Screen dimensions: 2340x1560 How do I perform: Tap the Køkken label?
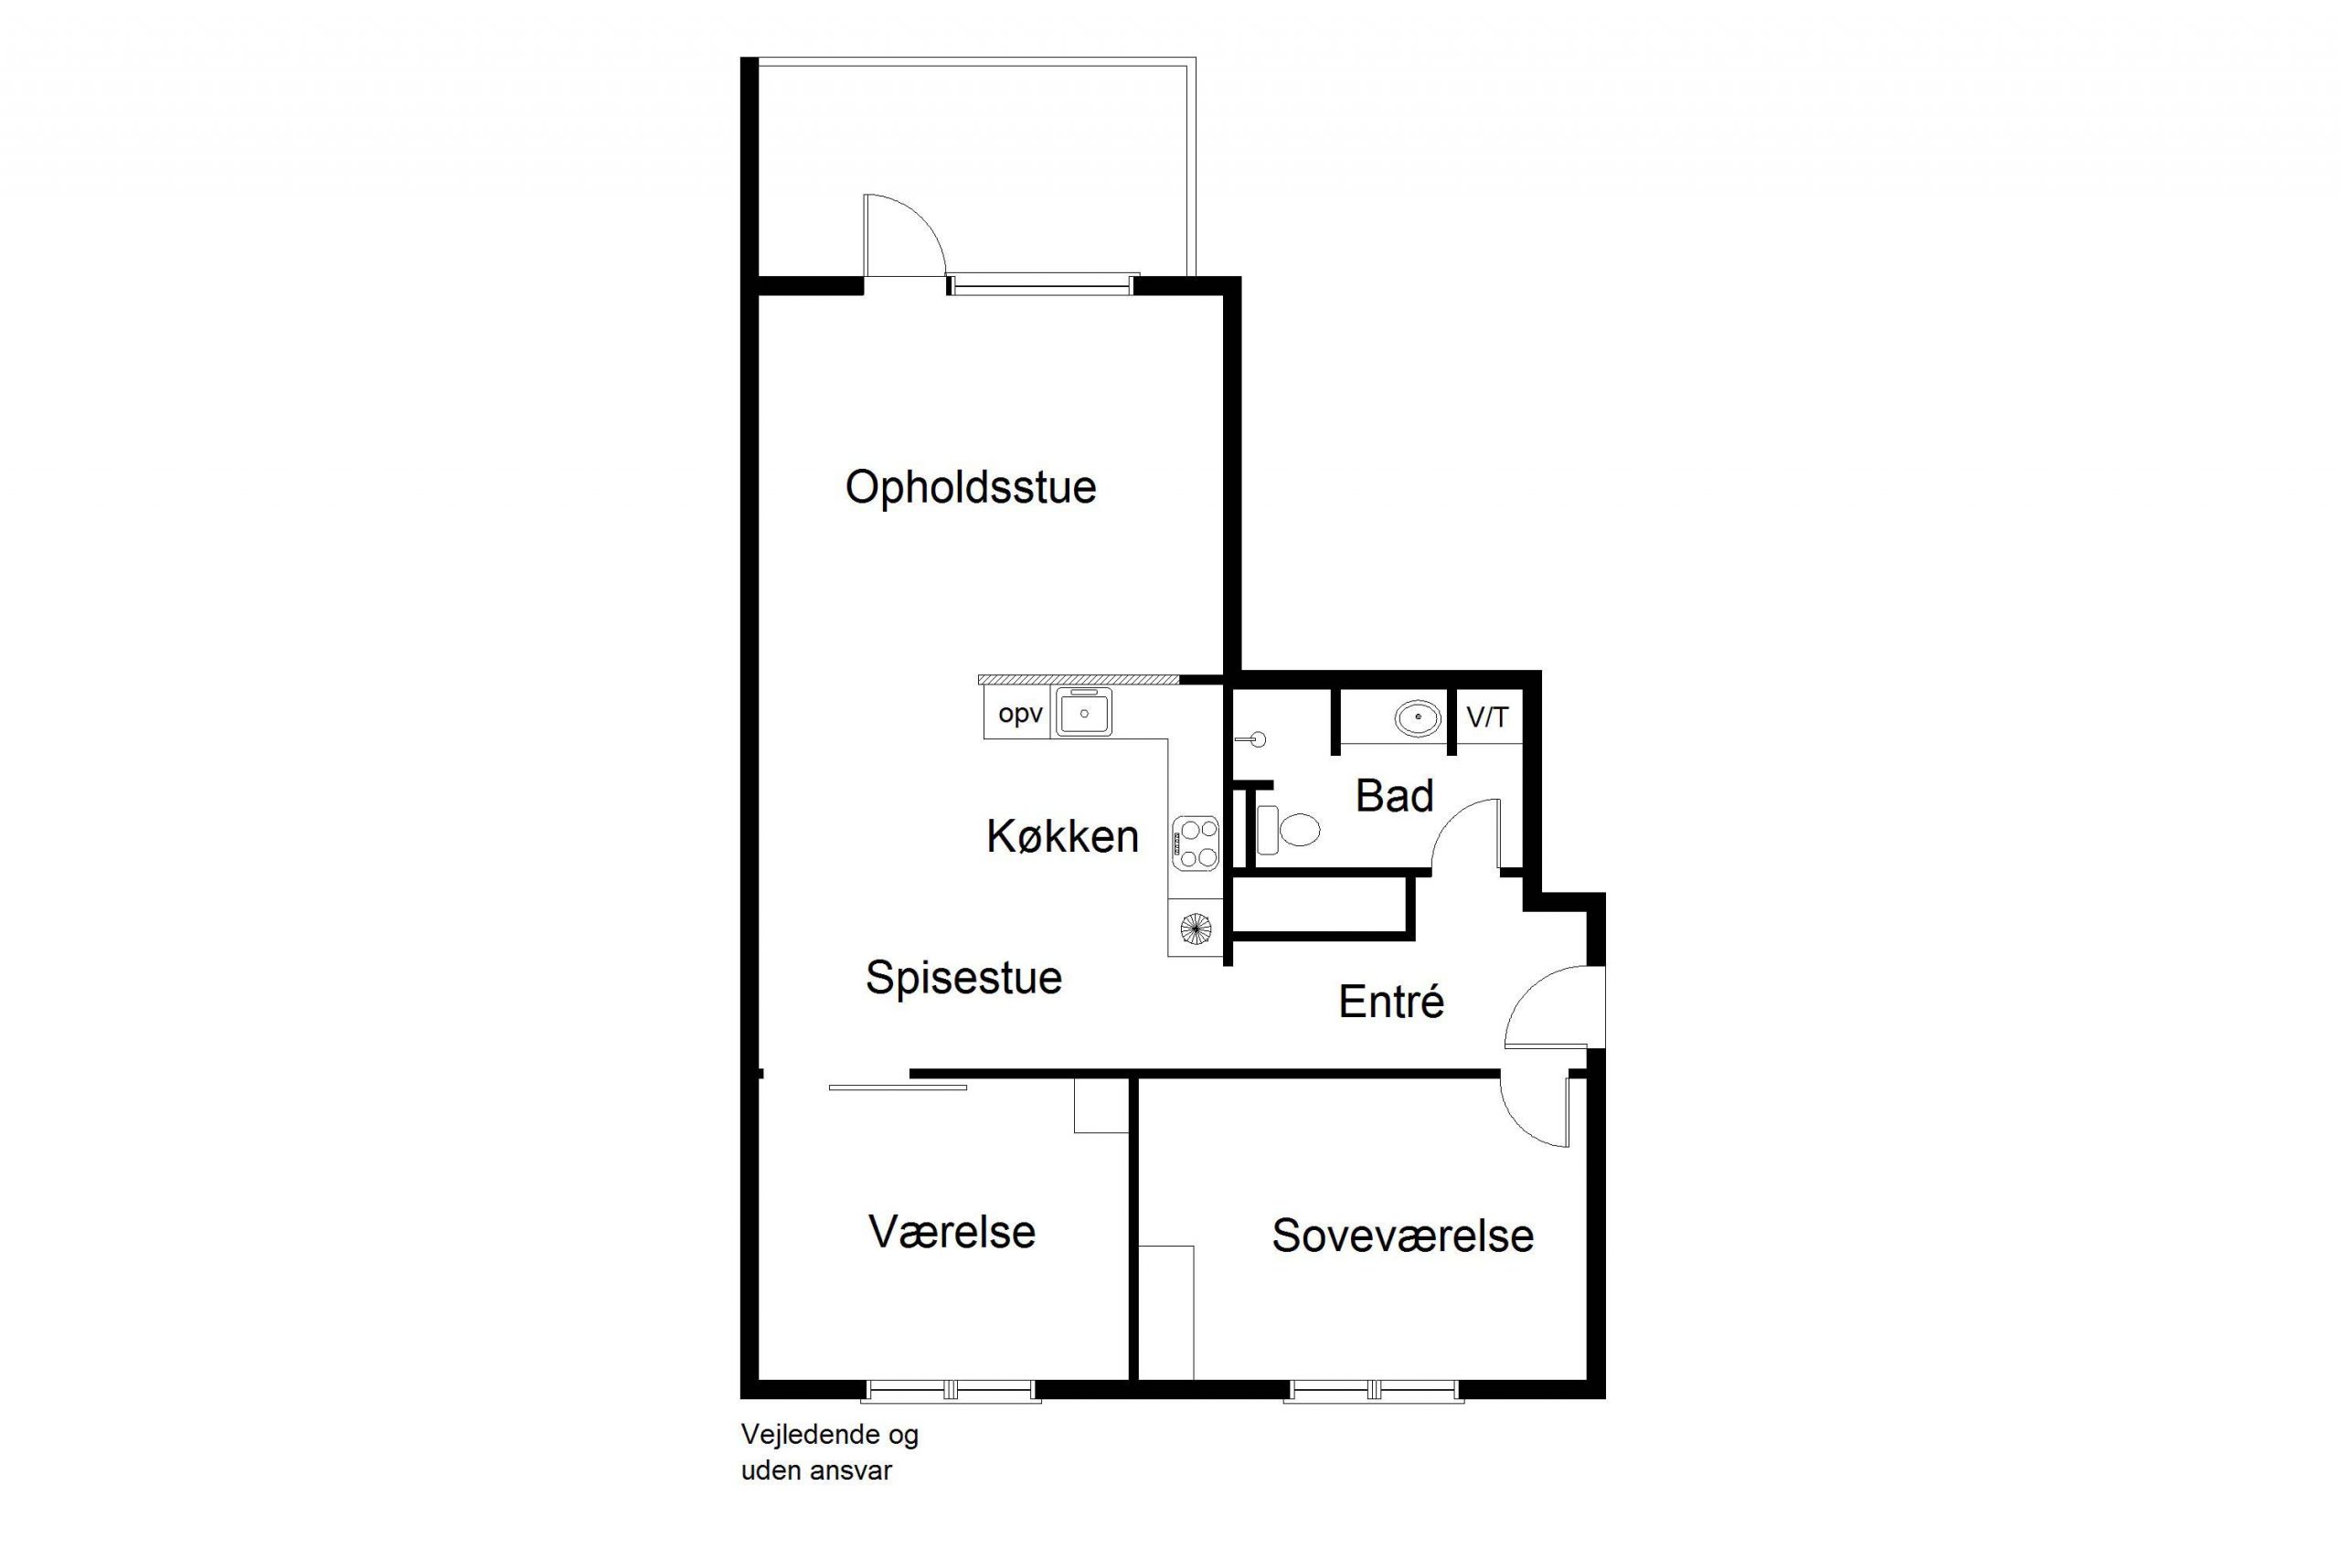pos(1062,837)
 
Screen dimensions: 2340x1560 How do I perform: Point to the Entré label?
pos(1391,1001)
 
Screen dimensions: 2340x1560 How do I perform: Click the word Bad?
pos(1394,796)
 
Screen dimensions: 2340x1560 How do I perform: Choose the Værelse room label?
pos(952,1232)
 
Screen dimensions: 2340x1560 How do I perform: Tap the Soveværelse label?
pos(1403,1236)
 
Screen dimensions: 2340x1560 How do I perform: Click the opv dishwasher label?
pos(1020,715)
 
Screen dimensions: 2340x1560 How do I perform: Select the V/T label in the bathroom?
pos(1487,716)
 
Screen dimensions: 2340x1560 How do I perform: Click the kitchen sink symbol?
pos(1083,712)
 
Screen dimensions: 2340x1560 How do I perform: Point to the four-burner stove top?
pos(1196,843)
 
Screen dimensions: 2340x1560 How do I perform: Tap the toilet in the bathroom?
pos(1289,830)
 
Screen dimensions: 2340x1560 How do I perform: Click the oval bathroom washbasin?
pos(1417,717)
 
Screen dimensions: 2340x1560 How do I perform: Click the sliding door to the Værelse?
pos(898,1088)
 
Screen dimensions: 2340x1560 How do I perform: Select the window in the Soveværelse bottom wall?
pos(1373,1390)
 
